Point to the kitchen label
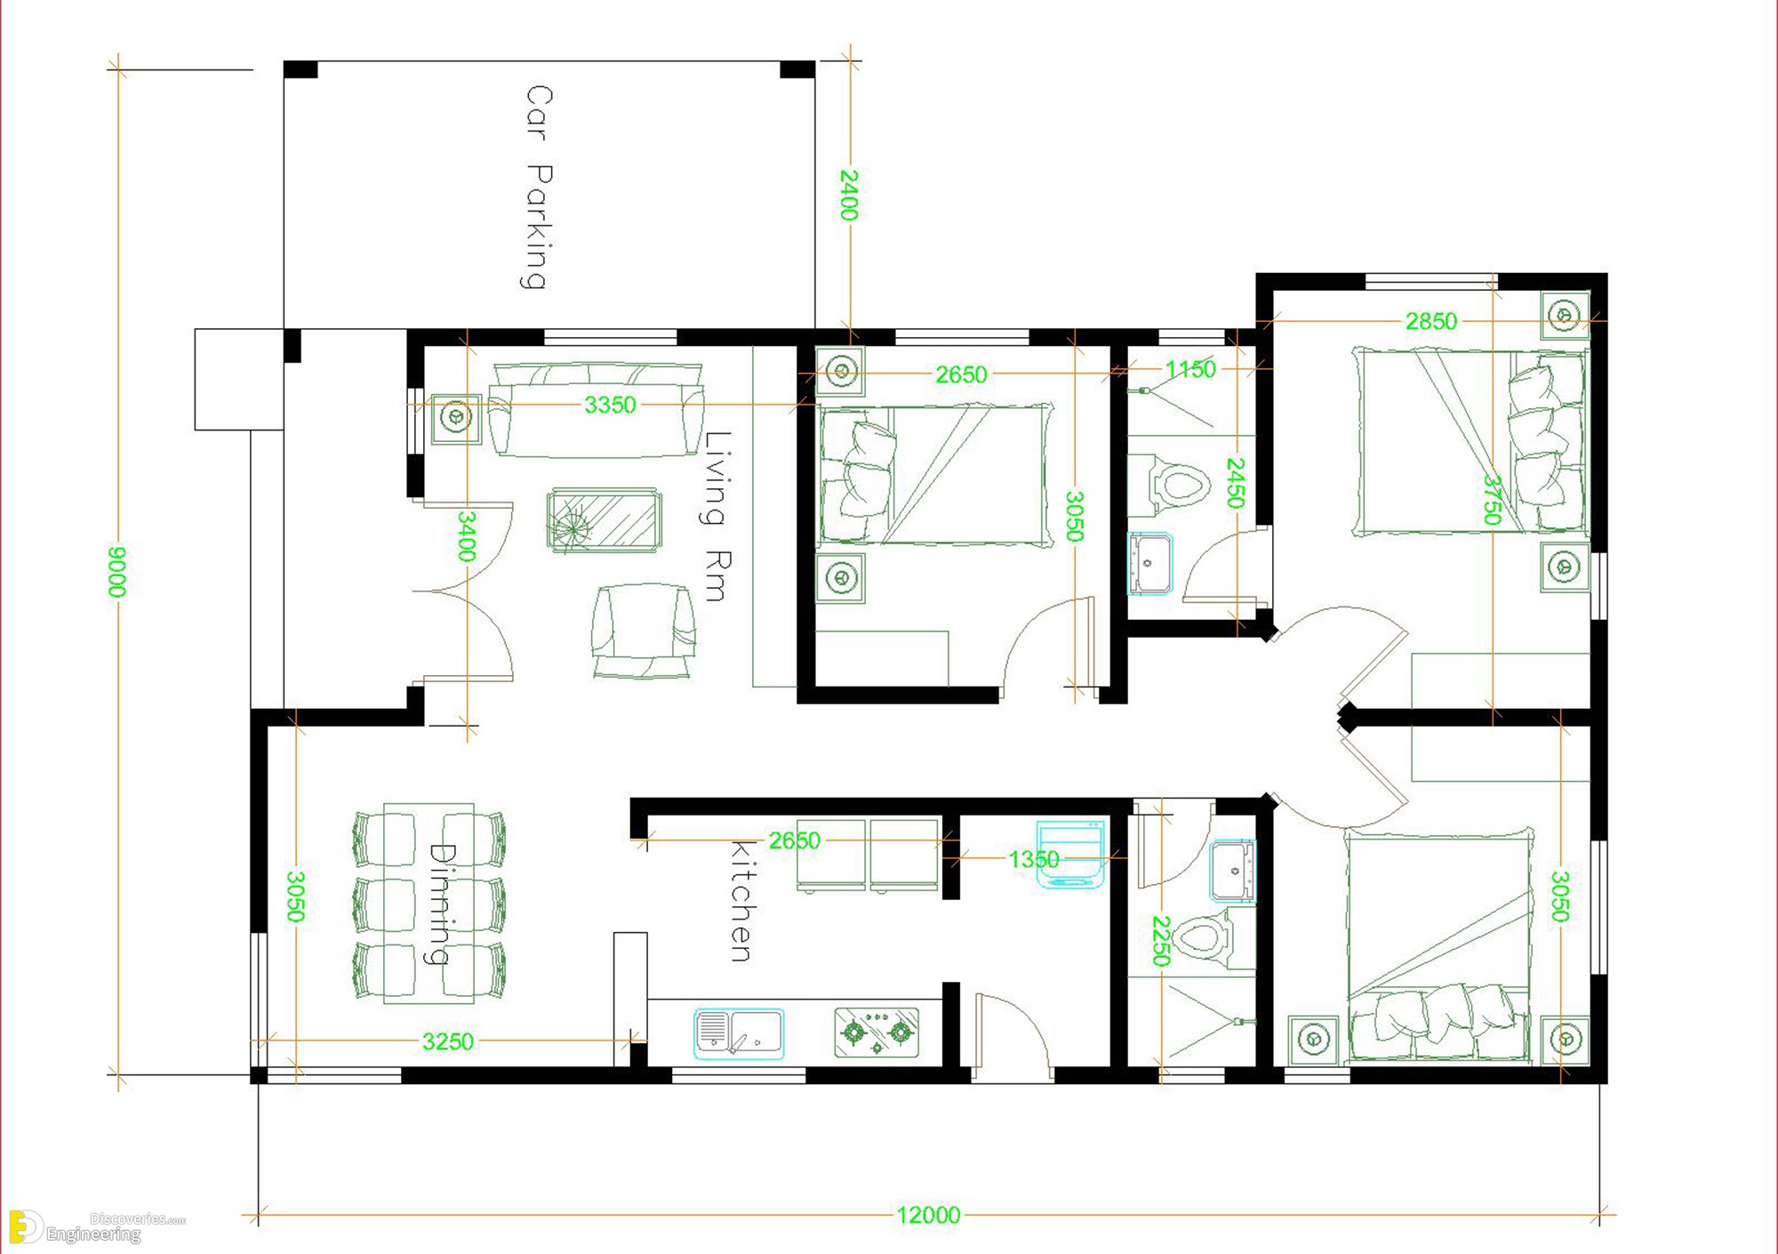pyautogui.click(x=741, y=901)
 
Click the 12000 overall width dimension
pyautogui.click(x=928, y=1215)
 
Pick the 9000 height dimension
pyautogui.click(x=116, y=572)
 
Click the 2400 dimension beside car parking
pyautogui.click(x=850, y=195)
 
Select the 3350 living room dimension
pyautogui.click(x=610, y=405)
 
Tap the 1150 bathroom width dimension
pyautogui.click(x=1190, y=368)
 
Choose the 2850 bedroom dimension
pyautogui.click(x=1431, y=321)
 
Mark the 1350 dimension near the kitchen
pyautogui.click(x=1034, y=859)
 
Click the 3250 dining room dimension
pyautogui.click(x=448, y=1041)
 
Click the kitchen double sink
pyautogui.click(x=739, y=1033)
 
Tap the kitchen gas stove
pyautogui.click(x=877, y=1033)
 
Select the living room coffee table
pyautogui.click(x=605, y=520)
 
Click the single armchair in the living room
pyautogui.click(x=644, y=631)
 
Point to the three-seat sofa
pyautogui.click(x=596, y=409)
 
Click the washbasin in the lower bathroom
pyautogui.click(x=1233, y=872)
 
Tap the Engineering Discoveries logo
pyautogui.click(x=96, y=1226)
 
